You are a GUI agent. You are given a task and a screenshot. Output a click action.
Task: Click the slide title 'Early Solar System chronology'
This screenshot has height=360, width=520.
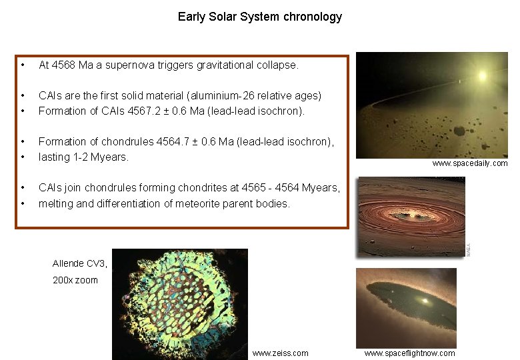pos(259,17)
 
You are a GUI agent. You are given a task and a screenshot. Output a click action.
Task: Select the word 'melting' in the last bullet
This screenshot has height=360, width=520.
pos(55,203)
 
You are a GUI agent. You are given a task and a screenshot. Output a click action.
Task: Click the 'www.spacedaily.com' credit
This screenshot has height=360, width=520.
pos(469,163)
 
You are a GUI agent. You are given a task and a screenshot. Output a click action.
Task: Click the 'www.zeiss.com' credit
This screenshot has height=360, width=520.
pos(280,353)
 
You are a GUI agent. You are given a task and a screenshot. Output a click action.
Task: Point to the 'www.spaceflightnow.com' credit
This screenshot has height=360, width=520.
pos(409,353)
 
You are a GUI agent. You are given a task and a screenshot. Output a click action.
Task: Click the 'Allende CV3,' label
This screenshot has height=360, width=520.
pos(79,263)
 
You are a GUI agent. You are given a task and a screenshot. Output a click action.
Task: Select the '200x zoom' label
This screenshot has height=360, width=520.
pos(75,280)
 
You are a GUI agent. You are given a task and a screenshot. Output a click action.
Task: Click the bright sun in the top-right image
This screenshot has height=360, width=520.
pos(481,75)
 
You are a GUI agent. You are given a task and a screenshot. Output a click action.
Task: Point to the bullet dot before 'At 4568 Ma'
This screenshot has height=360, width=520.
pos(23,65)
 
